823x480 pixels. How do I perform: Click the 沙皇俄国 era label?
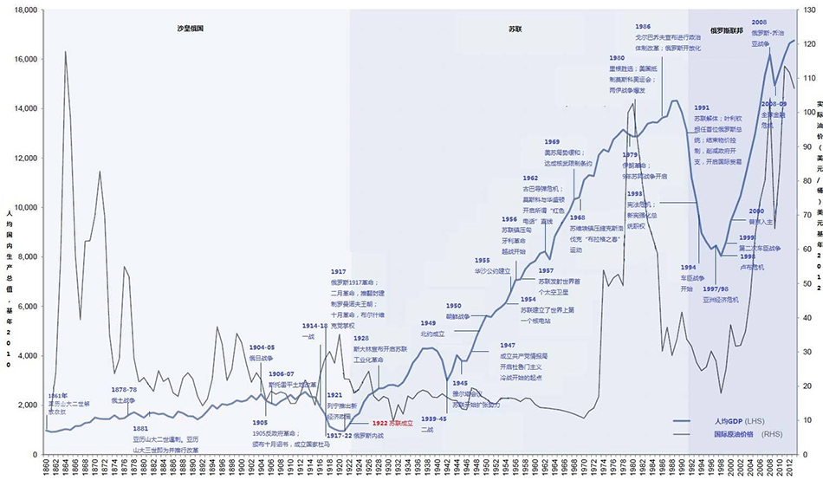point(190,29)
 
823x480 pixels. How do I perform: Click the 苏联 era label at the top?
point(515,29)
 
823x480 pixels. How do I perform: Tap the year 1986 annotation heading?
point(643,27)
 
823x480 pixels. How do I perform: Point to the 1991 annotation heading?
point(702,107)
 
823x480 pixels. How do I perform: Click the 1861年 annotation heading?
point(57,395)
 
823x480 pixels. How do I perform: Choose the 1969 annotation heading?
point(552,141)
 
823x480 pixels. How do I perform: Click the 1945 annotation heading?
point(460,382)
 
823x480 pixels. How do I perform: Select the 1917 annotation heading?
point(337,272)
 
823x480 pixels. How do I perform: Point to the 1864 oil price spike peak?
point(67,52)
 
